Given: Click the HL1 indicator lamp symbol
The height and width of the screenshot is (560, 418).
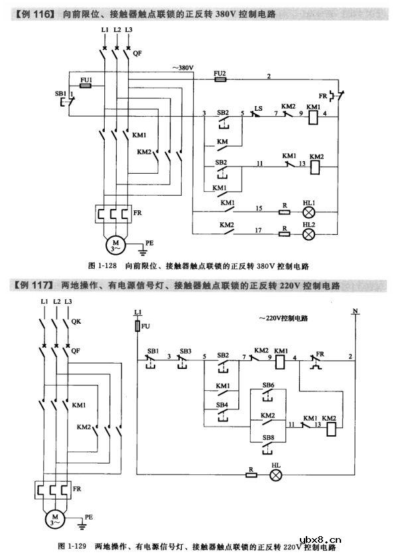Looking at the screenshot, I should pos(308,212).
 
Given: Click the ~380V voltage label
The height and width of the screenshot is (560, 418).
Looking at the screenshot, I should pos(183,68).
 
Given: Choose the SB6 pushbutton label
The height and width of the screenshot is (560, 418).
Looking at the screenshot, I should pos(268,385).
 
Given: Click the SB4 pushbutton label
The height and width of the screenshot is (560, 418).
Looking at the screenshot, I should pos(222,405).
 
